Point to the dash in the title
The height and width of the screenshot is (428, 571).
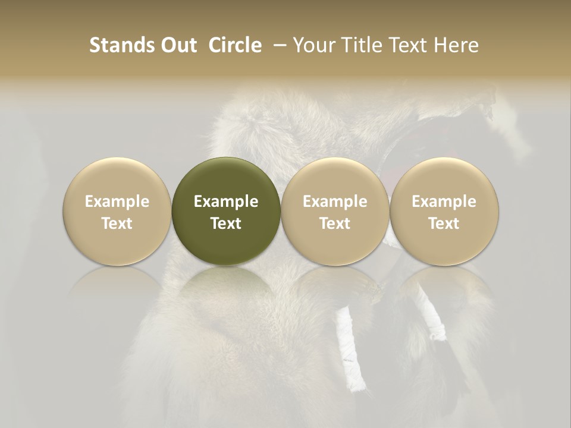coord(278,45)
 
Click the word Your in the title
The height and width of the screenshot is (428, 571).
coord(312,45)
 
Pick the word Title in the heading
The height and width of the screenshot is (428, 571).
coord(360,45)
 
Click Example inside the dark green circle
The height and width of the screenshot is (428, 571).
coord(226,202)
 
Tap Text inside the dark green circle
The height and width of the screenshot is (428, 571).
coord(226,224)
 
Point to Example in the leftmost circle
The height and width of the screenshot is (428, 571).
coord(117,202)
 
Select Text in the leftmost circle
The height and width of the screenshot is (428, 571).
coord(117,224)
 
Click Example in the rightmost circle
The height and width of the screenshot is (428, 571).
coord(444,202)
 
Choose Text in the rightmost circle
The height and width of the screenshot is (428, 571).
coord(444,224)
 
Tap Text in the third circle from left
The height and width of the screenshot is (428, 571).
coord(335,224)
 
